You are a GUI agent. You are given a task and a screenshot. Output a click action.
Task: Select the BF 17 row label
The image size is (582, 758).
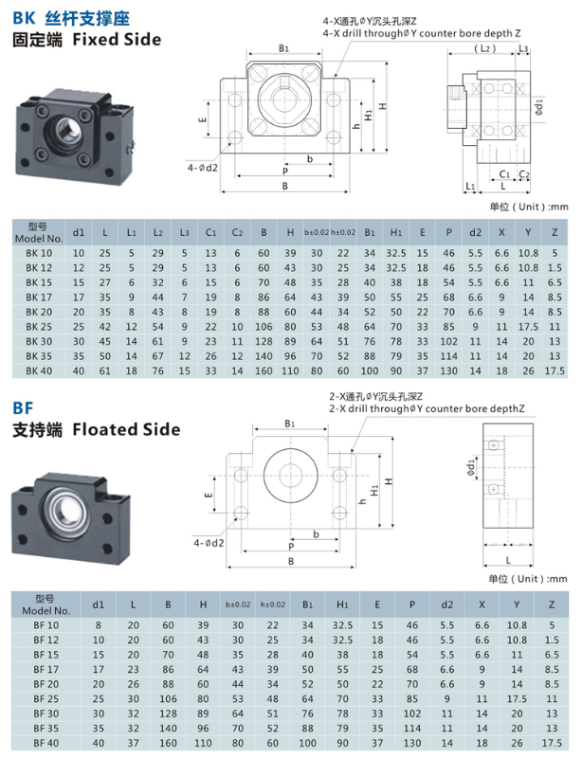pyautogui.click(x=45, y=668)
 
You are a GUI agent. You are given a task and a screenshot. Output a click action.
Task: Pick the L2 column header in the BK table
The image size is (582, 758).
pyautogui.click(x=158, y=232)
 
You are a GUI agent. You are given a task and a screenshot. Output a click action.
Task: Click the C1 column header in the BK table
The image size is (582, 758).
pyautogui.click(x=211, y=232)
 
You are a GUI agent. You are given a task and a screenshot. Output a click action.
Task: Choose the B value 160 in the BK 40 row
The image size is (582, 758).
pyautogui.click(x=263, y=370)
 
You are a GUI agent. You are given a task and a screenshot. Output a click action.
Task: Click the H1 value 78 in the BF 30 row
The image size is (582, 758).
pyautogui.click(x=342, y=712)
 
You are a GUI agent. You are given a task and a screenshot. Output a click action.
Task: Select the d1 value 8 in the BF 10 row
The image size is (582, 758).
pyautogui.click(x=99, y=624)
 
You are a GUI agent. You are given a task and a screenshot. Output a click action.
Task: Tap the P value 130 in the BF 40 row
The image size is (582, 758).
pyautogui.click(x=410, y=741)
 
